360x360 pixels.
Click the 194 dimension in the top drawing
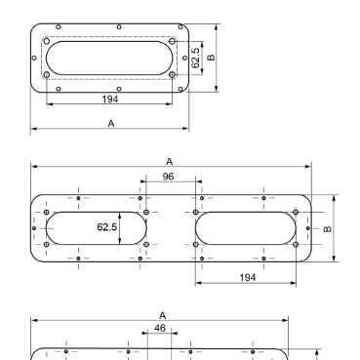110,99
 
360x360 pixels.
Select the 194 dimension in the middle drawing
248,277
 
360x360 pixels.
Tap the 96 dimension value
168,177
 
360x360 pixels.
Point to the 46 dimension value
160,328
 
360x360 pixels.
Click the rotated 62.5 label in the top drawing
195,58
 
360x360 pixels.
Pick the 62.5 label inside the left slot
107,226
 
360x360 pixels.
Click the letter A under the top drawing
111,124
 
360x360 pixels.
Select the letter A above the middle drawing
169,161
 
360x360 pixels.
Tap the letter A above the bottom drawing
163,315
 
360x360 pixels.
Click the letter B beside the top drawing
211,58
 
